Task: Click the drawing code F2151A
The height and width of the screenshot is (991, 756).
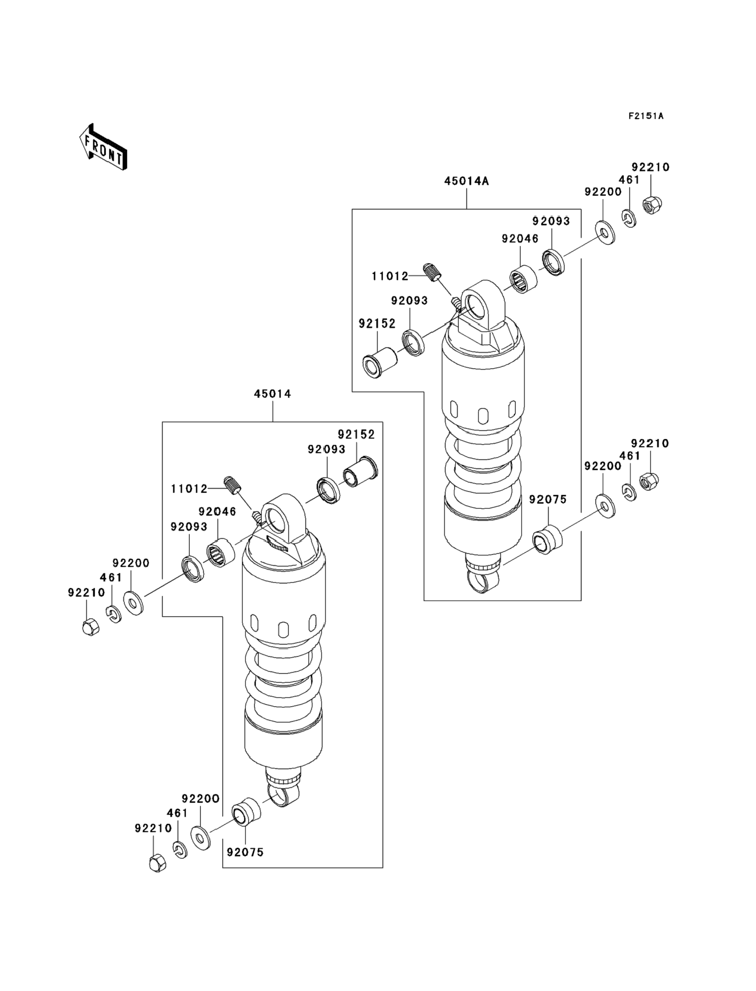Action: click(x=646, y=116)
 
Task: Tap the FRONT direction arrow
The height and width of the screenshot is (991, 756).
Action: click(x=103, y=147)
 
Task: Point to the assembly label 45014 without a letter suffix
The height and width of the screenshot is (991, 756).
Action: click(x=272, y=394)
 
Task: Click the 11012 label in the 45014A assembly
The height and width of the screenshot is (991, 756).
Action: click(x=390, y=276)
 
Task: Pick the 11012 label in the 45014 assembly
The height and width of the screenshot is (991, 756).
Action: click(x=189, y=489)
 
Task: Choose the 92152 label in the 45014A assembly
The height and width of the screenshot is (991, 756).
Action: click(x=377, y=323)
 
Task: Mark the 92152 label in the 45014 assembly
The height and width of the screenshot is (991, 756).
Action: click(x=356, y=434)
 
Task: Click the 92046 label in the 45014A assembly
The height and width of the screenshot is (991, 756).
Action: click(x=520, y=239)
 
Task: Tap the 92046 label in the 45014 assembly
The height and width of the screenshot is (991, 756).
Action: click(x=217, y=512)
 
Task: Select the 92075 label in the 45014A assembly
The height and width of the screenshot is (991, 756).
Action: click(x=548, y=500)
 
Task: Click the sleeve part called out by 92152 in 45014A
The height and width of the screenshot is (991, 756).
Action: click(x=380, y=361)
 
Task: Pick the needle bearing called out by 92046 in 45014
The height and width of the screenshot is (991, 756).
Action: click(x=220, y=553)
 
